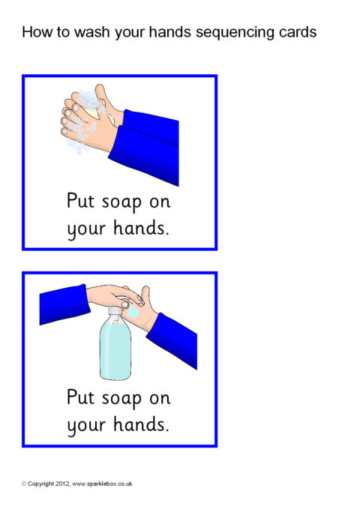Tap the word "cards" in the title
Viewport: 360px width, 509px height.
coord(298,32)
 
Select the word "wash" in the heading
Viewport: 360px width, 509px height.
coord(92,32)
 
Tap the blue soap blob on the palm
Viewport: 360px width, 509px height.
coord(133,312)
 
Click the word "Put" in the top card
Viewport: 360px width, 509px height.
coord(80,200)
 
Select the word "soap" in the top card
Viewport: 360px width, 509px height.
coord(121,202)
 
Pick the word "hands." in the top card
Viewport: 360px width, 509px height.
coord(141,227)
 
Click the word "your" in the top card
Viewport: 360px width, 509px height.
coord(86,229)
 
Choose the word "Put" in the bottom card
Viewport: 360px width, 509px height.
coord(80,397)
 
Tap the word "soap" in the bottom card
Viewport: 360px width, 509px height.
coord(121,399)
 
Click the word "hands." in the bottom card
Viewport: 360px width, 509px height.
coord(141,424)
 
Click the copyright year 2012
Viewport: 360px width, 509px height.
coord(62,484)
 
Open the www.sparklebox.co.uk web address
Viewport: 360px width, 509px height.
coord(102,484)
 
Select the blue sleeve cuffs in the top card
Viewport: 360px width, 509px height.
coord(145,147)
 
